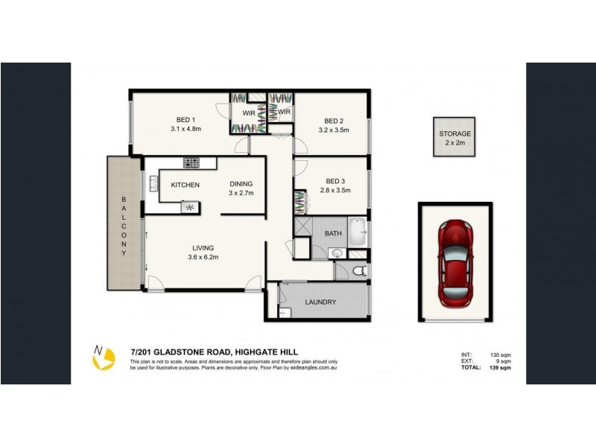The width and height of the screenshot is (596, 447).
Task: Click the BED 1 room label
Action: click(x=186, y=120)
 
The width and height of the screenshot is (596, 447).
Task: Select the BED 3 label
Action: click(x=334, y=180)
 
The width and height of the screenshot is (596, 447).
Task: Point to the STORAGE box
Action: click(x=455, y=137)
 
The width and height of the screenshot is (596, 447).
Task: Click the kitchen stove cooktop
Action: click(x=191, y=162)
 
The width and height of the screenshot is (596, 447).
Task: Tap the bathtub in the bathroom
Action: click(x=358, y=232)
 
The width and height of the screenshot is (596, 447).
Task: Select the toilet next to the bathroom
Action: click(x=358, y=270)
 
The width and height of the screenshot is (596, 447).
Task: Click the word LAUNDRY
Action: click(x=320, y=302)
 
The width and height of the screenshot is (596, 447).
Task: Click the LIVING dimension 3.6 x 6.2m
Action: click(x=203, y=257)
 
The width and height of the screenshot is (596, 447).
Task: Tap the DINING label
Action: click(x=241, y=184)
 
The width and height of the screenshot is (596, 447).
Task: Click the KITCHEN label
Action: click(x=185, y=185)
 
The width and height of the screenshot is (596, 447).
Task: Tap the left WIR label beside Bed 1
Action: click(x=247, y=112)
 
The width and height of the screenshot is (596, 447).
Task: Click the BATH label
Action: click(x=333, y=233)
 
